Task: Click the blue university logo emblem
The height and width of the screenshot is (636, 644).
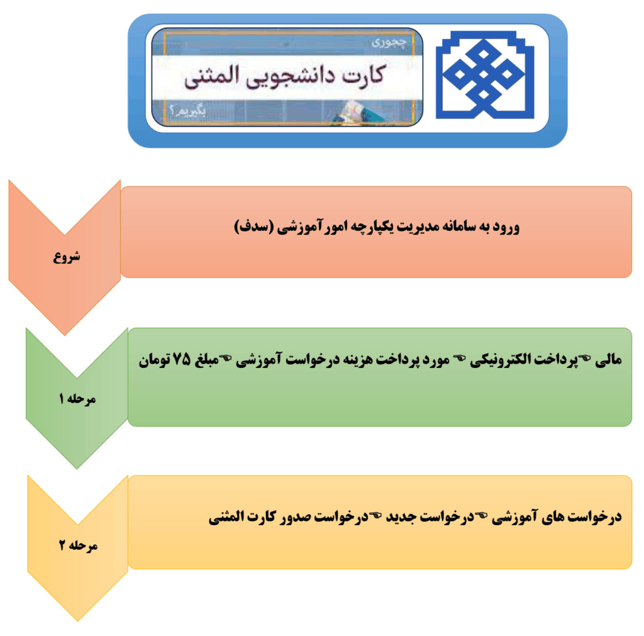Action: [x=485, y=75]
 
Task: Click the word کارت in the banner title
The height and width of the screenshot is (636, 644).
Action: [x=360, y=75]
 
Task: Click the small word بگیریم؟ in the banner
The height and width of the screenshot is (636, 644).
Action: [x=187, y=111]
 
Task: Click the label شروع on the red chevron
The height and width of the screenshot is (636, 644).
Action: [x=67, y=257]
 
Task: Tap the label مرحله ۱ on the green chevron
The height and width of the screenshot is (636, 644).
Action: [x=77, y=399]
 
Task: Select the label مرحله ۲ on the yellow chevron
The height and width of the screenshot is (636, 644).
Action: [x=79, y=545]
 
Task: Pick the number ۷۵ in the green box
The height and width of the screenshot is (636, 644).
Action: [x=182, y=359]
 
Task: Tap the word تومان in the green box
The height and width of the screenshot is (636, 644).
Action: [x=154, y=360]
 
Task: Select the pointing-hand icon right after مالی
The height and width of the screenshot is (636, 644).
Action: [x=586, y=359]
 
